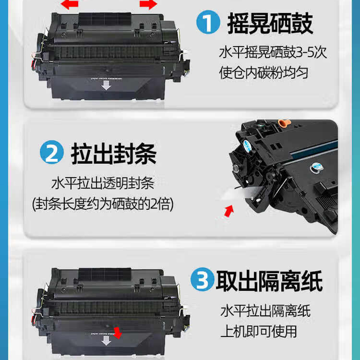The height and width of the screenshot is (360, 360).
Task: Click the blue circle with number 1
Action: click(208, 22)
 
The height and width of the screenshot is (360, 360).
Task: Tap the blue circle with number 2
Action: click(52, 152)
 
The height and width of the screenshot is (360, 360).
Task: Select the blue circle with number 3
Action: click(202, 279)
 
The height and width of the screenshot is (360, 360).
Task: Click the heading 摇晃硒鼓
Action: click(270, 23)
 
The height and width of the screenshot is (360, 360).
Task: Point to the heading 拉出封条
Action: click(114, 153)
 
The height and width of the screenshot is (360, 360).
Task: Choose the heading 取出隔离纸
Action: click(269, 281)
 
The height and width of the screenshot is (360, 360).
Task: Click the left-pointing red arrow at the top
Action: click(70, 4)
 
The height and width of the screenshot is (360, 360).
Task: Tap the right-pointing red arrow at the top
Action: click(148, 4)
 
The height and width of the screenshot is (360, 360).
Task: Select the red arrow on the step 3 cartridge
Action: click(118, 333)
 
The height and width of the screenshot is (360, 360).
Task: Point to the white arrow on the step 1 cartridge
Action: click(106, 85)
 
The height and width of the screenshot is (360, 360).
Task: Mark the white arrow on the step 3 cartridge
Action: click(106, 340)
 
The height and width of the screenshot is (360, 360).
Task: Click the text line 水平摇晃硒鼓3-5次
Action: click(273, 53)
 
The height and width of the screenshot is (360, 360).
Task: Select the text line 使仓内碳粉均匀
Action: click(264, 73)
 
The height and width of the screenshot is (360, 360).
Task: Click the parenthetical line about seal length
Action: click(103, 204)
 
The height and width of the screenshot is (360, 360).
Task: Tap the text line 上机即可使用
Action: click(259, 331)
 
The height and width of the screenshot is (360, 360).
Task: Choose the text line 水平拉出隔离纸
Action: click(265, 311)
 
